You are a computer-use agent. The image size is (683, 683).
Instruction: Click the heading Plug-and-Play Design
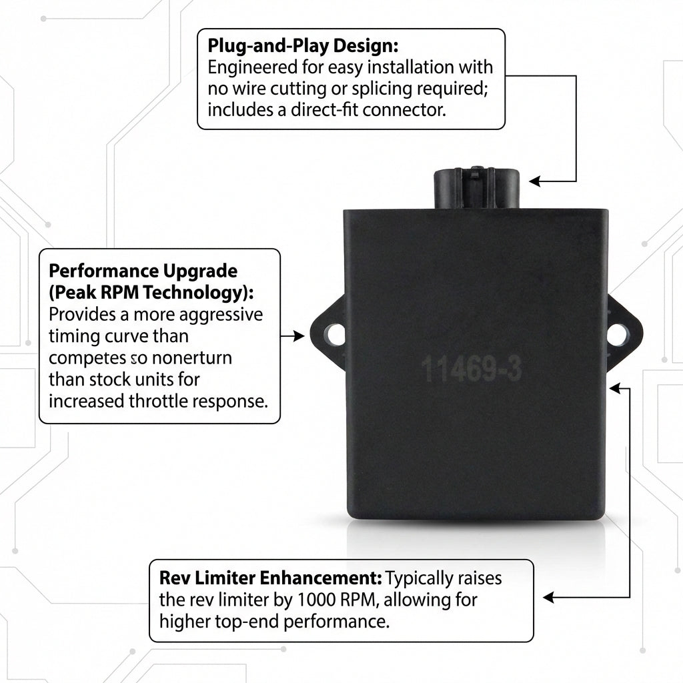pos(303,46)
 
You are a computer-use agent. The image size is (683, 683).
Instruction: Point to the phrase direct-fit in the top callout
pos(325,110)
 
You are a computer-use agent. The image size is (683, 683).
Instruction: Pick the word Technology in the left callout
pos(195,293)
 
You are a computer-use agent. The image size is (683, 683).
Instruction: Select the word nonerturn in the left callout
pos(191,358)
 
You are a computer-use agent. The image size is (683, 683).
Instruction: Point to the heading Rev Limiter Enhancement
pos(271,578)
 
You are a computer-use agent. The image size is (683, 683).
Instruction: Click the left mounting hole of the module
pos(335,335)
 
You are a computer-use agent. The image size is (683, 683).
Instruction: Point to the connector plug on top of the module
pos(476,189)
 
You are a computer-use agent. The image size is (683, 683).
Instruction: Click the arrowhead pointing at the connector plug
pos(534,181)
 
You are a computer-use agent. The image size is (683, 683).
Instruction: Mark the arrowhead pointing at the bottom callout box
pos(548,598)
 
